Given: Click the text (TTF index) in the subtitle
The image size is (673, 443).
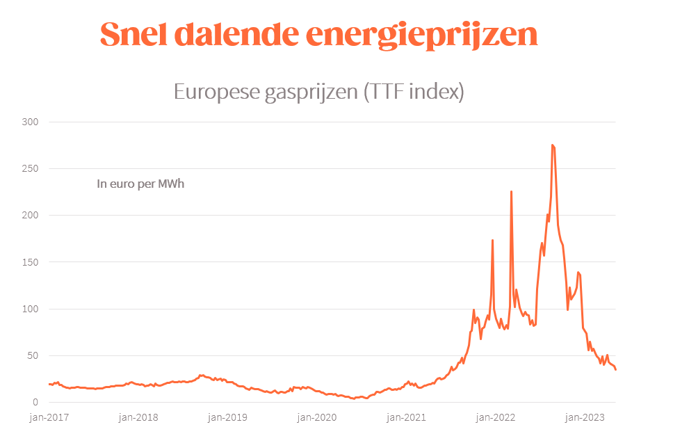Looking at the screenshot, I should [413, 92].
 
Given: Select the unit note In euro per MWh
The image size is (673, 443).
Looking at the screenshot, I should [140, 184].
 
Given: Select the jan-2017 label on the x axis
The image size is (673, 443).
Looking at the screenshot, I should [49, 417].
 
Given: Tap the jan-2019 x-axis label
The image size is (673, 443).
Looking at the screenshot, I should [227, 417].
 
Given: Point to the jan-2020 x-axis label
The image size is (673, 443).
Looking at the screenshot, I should [317, 417].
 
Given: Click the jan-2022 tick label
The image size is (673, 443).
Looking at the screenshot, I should [495, 417].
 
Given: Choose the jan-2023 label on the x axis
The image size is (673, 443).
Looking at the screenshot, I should [584, 417].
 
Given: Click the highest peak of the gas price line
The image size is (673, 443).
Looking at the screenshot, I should [552, 145].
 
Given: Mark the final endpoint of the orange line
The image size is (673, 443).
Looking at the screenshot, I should [615, 369].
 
